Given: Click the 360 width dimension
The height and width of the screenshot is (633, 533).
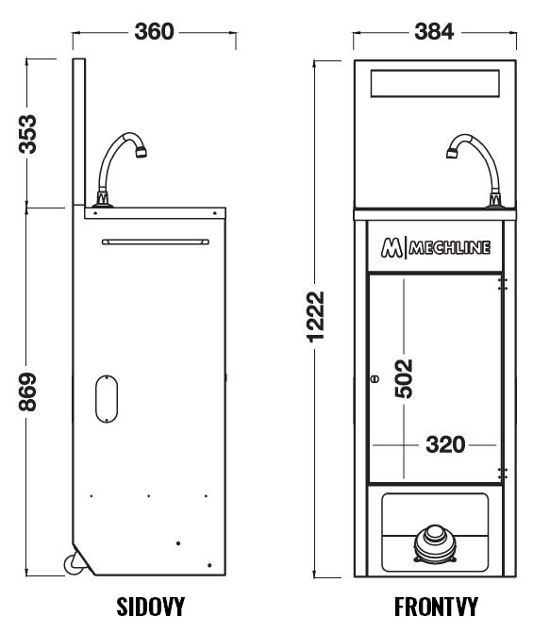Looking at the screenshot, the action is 154,31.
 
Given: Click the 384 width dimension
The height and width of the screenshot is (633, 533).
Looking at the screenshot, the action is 434,31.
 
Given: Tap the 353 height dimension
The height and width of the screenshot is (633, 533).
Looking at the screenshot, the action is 28,134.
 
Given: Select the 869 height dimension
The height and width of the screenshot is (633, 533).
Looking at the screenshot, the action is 28,391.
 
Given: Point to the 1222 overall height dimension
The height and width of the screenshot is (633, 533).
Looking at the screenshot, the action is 316,317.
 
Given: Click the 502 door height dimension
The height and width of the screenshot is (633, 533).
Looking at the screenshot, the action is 404,378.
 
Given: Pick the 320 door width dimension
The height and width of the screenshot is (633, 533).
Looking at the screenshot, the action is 445,445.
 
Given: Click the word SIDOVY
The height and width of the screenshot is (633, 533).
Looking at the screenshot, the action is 151,607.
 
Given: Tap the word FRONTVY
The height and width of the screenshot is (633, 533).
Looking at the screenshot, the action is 436,607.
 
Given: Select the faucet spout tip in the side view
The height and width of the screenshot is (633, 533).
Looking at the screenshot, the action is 141,153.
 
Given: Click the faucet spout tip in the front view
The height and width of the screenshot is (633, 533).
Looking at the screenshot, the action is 452,153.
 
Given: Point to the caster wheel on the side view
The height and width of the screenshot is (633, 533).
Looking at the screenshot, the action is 74,563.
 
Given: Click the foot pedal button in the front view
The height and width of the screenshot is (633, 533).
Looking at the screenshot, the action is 435,543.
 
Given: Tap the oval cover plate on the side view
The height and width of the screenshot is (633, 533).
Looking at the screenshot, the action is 107,399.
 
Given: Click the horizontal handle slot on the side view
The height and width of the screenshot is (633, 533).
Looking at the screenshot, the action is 156,242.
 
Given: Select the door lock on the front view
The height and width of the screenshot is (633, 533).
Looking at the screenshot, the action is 375,379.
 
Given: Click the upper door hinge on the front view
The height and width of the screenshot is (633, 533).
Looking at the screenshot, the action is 502,284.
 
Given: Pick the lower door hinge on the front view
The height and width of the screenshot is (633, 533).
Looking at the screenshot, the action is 502,474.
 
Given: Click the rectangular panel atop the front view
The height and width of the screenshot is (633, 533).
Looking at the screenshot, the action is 435,84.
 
